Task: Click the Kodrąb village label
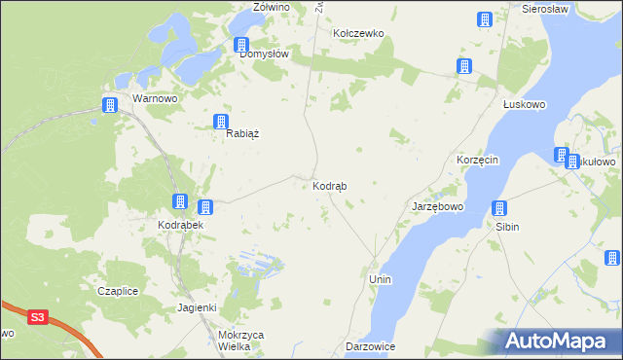[330, 186]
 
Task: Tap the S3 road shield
[37, 316]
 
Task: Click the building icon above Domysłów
[241, 45]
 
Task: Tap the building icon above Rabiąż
[221, 123]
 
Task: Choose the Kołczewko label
[359, 33]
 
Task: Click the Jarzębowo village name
[437, 207]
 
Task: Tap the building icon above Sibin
[499, 208]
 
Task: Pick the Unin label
[380, 279]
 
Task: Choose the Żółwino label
[272, 7]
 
